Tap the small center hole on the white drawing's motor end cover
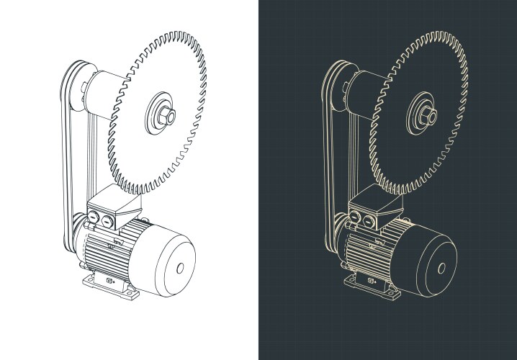[x=179, y=269]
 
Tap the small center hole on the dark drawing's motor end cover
[x=441, y=269]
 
